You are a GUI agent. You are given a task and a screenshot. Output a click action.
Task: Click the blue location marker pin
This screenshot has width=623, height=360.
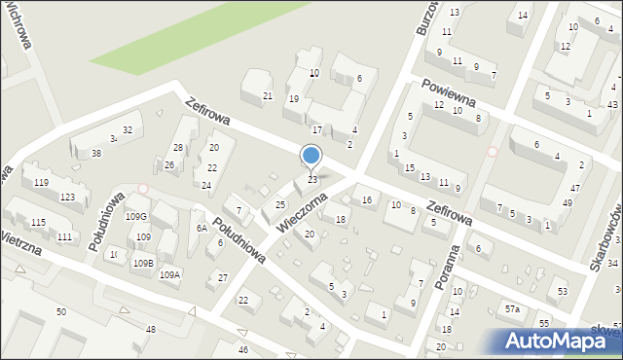point(311,157)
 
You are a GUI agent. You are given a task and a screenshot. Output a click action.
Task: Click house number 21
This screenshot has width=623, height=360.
point(268,95)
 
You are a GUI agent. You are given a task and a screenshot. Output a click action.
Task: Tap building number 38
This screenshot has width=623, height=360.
point(95,154)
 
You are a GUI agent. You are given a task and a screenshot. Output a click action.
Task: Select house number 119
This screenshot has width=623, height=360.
point(41,183)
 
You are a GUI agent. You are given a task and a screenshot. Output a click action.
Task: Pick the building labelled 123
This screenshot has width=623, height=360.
point(67,198)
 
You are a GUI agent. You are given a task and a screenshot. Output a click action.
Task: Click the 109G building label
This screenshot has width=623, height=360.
point(136,217)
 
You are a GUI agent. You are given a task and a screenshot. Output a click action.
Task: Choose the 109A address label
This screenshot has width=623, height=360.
point(169,275)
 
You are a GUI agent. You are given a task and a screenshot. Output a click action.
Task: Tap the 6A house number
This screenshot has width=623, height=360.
point(201,228)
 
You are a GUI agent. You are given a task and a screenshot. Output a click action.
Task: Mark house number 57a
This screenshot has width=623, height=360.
point(512,308)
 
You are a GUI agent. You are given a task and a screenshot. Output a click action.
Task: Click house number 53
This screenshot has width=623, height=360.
point(563,292)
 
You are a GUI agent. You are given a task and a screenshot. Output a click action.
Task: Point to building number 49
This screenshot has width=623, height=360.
point(568,202)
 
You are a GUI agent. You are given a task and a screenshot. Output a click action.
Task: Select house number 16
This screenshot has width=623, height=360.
point(367,200)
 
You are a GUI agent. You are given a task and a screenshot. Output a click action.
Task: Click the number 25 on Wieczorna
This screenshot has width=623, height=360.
point(280,204)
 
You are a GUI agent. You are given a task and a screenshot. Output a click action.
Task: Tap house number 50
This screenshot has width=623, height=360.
point(61,311)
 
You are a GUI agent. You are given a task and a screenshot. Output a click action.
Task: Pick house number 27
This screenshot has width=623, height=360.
point(223,278)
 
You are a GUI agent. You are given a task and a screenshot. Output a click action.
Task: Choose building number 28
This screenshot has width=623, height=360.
point(178,148)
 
